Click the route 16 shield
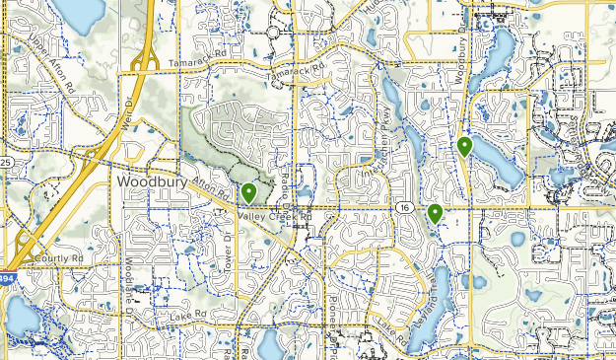[x=405, y=208]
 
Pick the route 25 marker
[x=5, y=162]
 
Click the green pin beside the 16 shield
[x=435, y=213]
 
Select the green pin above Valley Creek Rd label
[x=249, y=193]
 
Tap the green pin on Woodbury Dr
[x=464, y=147]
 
